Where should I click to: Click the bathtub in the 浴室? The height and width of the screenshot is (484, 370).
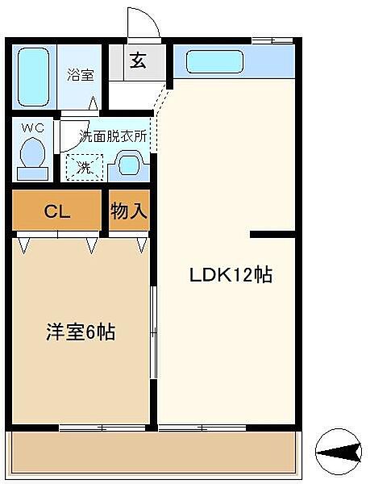pyautogui.click(x=33, y=77)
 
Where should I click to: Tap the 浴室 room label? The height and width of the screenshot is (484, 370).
pyautogui.click(x=80, y=75)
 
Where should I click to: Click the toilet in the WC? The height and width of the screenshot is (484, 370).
pyautogui.click(x=32, y=159)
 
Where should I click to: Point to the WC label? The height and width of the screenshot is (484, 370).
pyautogui.click(x=33, y=128)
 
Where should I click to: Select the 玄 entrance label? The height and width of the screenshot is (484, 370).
pyautogui.click(x=138, y=60)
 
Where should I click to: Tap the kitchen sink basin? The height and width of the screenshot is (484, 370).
pyautogui.click(x=215, y=62)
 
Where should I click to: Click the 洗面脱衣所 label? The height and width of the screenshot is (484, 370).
pyautogui.click(x=113, y=136)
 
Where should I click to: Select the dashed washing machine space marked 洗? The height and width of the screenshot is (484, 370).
pyautogui.click(x=85, y=167)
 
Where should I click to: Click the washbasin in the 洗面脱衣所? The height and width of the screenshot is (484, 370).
pyautogui.click(x=129, y=165)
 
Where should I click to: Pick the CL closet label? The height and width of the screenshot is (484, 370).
pyautogui.click(x=57, y=211)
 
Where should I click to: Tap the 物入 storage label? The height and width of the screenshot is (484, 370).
pyautogui.click(x=129, y=211)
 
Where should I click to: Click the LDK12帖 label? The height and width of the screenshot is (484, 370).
pyautogui.click(x=231, y=275)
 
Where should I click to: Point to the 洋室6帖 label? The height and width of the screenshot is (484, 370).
pyautogui.click(x=81, y=332)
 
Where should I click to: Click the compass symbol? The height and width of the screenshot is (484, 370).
pyautogui.click(x=339, y=452)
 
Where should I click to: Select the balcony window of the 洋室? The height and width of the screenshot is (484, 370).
pyautogui.click(x=102, y=428)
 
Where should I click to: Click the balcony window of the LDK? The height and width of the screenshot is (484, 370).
pyautogui.click(x=202, y=428)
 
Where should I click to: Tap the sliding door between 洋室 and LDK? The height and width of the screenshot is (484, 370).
pyautogui.click(x=153, y=332)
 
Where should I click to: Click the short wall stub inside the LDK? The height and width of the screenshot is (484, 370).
pyautogui.click(x=272, y=234)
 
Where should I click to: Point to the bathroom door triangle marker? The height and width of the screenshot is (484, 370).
pyautogui.click(x=94, y=103)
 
